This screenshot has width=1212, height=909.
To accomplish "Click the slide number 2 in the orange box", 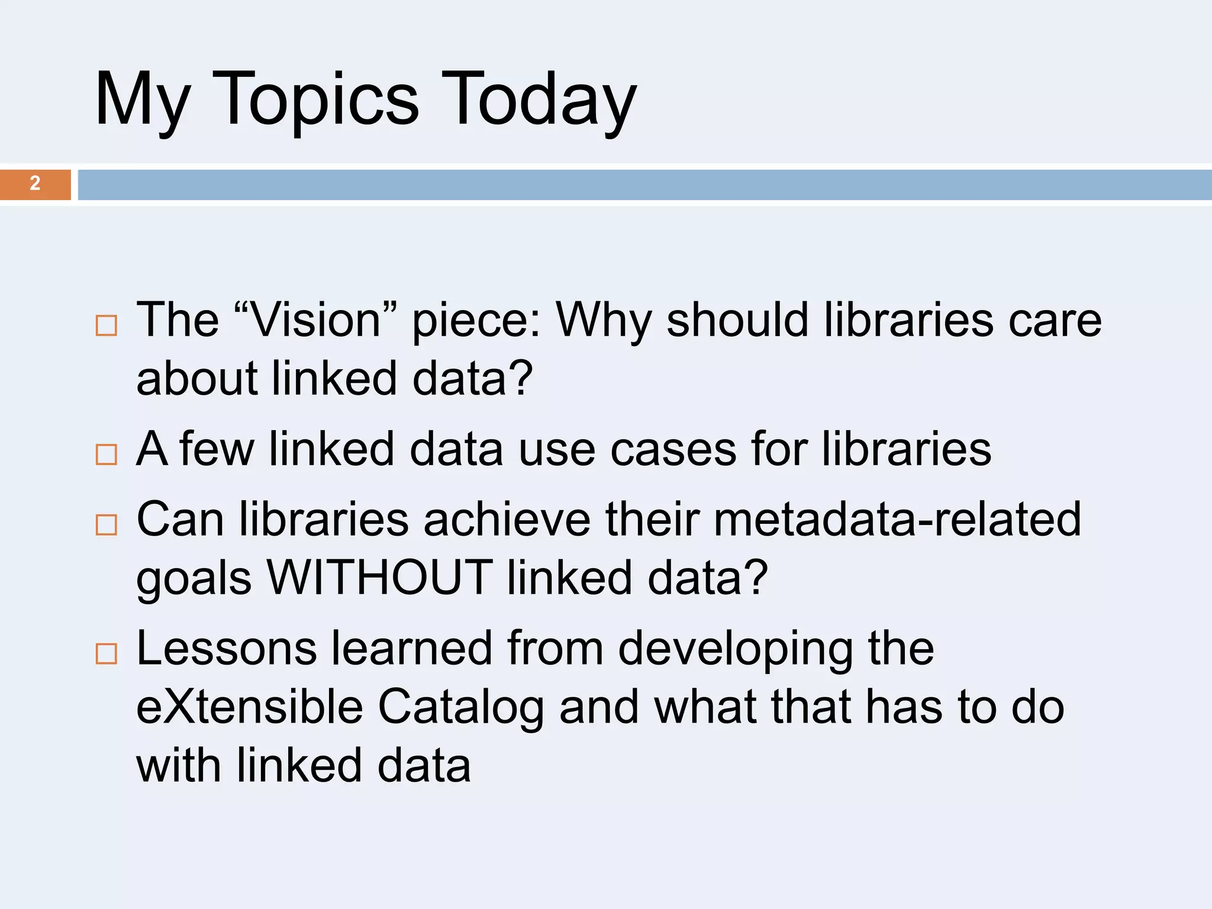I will [x=35, y=183].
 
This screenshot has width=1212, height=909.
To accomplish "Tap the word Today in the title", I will [x=539, y=101].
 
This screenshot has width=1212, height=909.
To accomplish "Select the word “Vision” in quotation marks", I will [x=315, y=320].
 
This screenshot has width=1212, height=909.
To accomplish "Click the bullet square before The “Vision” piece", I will [x=107, y=325].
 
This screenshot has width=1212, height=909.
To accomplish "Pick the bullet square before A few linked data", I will [x=107, y=454].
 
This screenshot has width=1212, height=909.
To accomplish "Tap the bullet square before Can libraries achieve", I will [x=107, y=524].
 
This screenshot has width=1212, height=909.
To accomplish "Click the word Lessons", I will [x=227, y=648].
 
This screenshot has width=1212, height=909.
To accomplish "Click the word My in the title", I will [x=143, y=101].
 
